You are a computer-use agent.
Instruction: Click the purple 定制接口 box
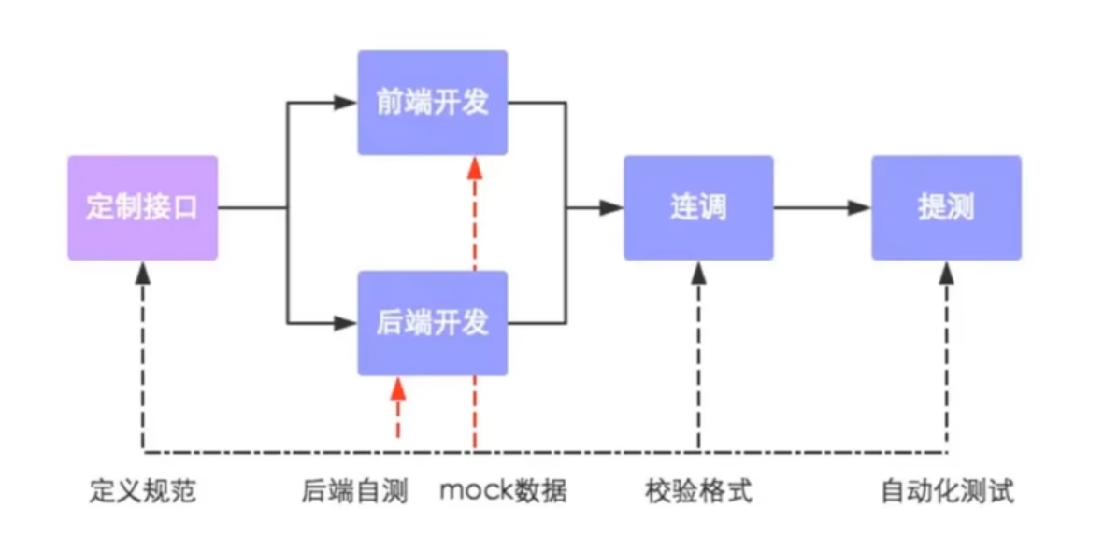[x=142, y=207]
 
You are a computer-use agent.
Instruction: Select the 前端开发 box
[x=432, y=103]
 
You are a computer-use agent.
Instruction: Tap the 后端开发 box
[x=432, y=323]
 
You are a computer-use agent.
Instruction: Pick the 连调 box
[x=698, y=207]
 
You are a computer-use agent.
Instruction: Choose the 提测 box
[x=946, y=207]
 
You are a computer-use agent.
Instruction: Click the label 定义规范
[x=143, y=491]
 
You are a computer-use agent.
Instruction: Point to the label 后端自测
[x=354, y=491]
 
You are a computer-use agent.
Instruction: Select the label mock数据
[x=503, y=491]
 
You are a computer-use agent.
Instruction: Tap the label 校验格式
[x=698, y=491]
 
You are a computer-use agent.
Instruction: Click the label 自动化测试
[x=947, y=491]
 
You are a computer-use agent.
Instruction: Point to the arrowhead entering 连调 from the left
[x=611, y=207]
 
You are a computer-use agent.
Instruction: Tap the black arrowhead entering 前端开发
[x=346, y=103]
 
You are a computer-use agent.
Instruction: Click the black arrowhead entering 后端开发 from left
[x=346, y=323]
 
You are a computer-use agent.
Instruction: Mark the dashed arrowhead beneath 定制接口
[x=142, y=273]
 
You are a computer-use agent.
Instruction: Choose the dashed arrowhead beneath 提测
[x=946, y=273]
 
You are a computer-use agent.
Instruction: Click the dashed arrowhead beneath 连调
[x=698, y=273]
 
